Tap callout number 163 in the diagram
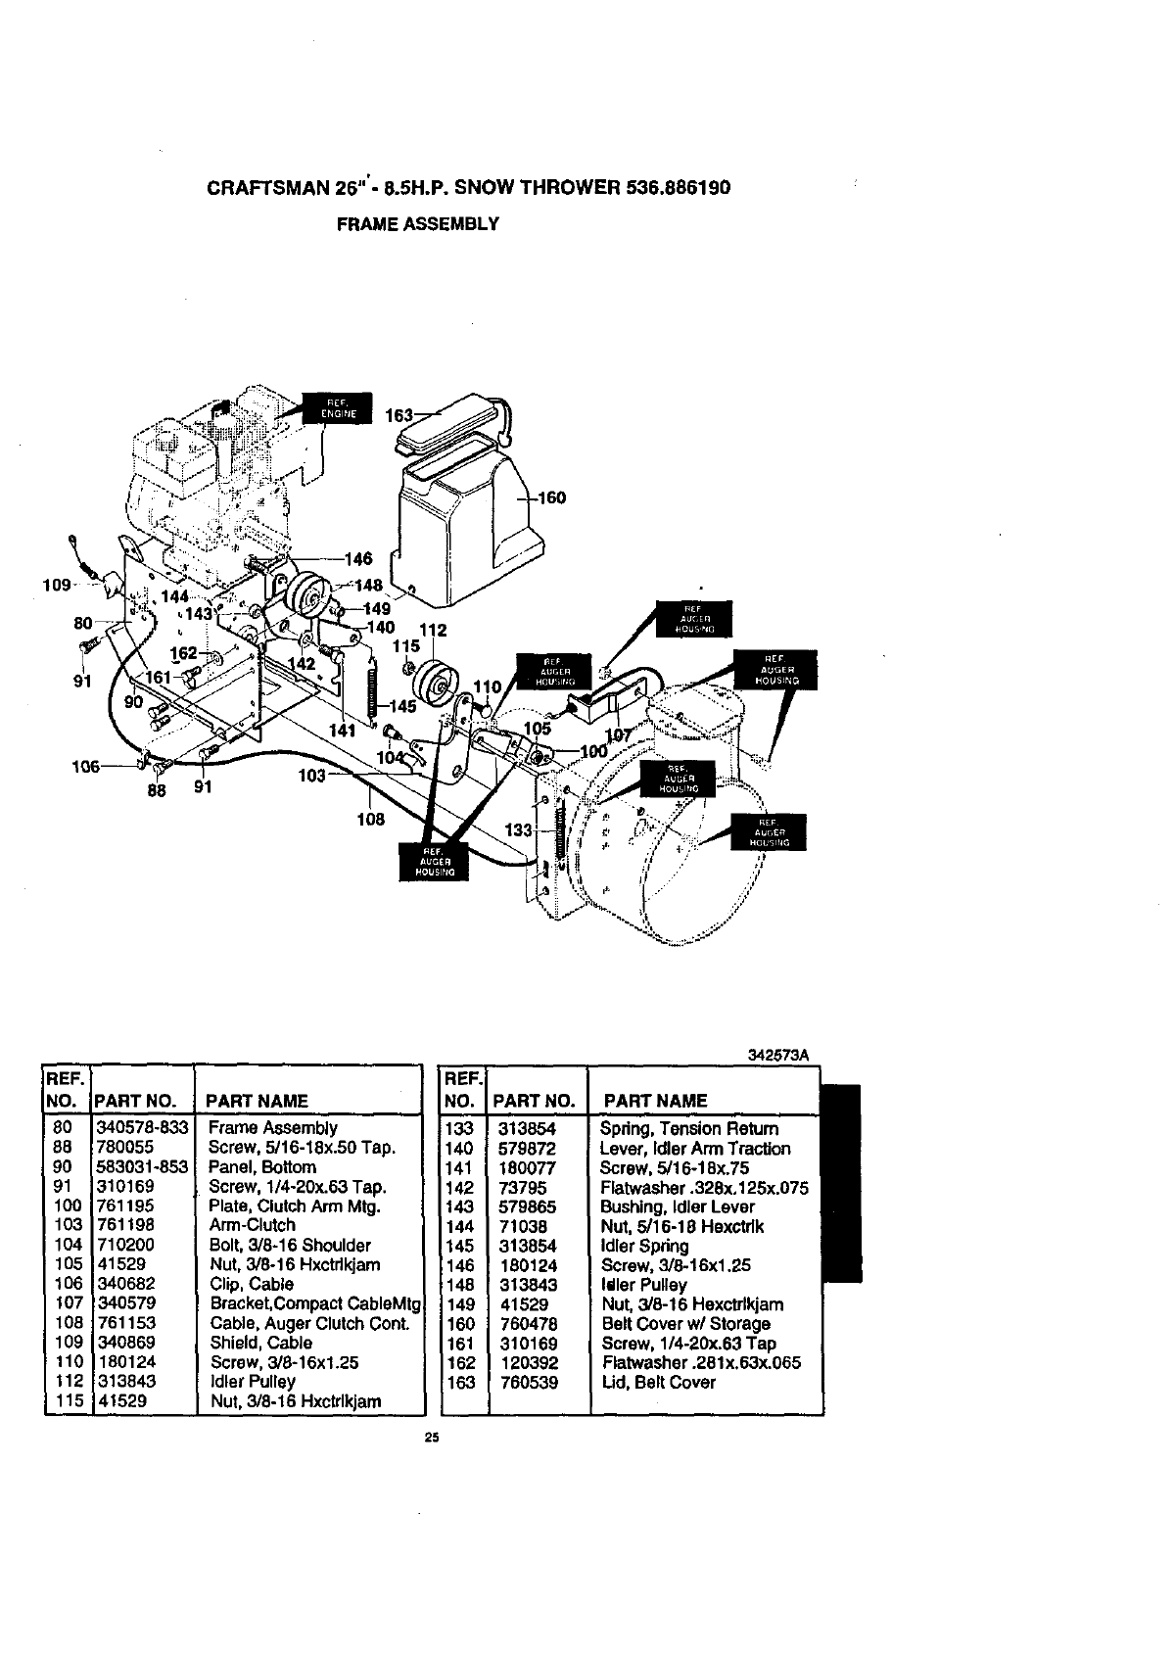pyautogui.click(x=399, y=415)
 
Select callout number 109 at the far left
pyautogui.click(x=57, y=585)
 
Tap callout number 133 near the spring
pyautogui.click(x=518, y=830)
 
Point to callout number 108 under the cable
pyautogui.click(x=370, y=819)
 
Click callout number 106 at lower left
pyautogui.click(x=87, y=767)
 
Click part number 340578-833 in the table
pyautogui.click(x=142, y=1128)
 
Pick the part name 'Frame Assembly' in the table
pyautogui.click(x=273, y=1128)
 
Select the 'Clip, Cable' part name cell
pyautogui.click(x=252, y=1284)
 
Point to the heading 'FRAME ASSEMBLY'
pyautogui.click(x=418, y=223)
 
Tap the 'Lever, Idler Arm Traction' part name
pyautogui.click(x=695, y=1149)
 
